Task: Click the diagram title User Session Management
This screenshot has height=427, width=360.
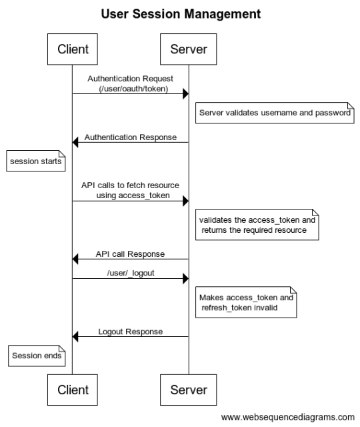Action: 181,14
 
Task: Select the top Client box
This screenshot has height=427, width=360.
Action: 73,49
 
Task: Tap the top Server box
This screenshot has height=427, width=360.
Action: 188,49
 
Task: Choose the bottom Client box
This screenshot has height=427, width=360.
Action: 73,390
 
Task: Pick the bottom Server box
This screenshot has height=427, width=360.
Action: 188,390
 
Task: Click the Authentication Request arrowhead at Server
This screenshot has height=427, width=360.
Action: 185,93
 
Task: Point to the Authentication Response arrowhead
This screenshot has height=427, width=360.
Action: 75,142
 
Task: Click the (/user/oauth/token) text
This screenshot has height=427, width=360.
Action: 133,89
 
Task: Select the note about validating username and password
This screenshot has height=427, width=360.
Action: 275,113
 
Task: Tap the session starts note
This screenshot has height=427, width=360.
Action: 35,161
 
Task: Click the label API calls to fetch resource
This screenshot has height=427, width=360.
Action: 130,185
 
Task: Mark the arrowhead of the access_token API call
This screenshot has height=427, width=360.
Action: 185,201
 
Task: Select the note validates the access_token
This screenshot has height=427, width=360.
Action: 257,225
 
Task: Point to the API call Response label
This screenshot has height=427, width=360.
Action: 130,254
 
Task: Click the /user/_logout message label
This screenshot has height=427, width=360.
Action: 131,273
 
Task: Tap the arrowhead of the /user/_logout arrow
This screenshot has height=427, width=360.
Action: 185,279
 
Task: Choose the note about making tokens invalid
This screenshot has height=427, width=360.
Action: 246,302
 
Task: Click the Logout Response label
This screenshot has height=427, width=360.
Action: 131,332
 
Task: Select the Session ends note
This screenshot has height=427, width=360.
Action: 37,356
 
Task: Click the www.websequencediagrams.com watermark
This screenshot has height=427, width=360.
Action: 287,417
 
